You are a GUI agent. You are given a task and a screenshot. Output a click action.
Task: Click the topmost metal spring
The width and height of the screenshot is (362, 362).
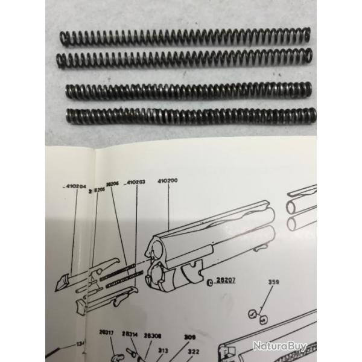(x=186, y=36)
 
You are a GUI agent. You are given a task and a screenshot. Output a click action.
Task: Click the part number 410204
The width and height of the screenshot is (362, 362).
(x=74, y=186)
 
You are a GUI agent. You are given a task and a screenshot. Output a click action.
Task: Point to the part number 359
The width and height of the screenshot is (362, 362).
(x=273, y=281)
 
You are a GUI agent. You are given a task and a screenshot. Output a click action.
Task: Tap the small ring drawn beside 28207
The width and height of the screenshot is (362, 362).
(x=209, y=282)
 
